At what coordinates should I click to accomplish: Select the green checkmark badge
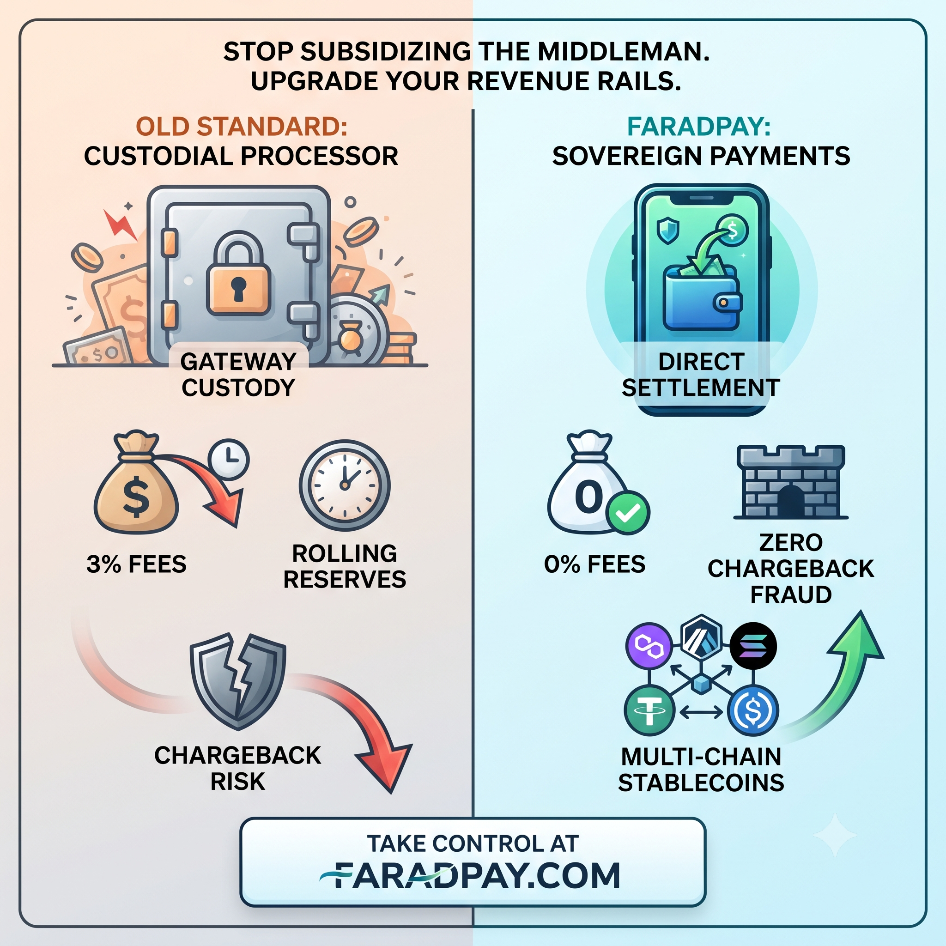pos(628,513)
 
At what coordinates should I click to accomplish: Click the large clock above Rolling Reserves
pos(345,486)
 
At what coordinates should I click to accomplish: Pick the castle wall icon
pos(791,482)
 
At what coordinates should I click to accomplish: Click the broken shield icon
pos(238,682)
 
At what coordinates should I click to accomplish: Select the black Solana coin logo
pos(753,646)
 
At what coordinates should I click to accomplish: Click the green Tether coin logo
pos(649,710)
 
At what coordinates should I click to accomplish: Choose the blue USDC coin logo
pos(753,710)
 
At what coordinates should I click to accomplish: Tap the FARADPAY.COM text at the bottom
pos(470,875)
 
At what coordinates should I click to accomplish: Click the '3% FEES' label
pos(137,564)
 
